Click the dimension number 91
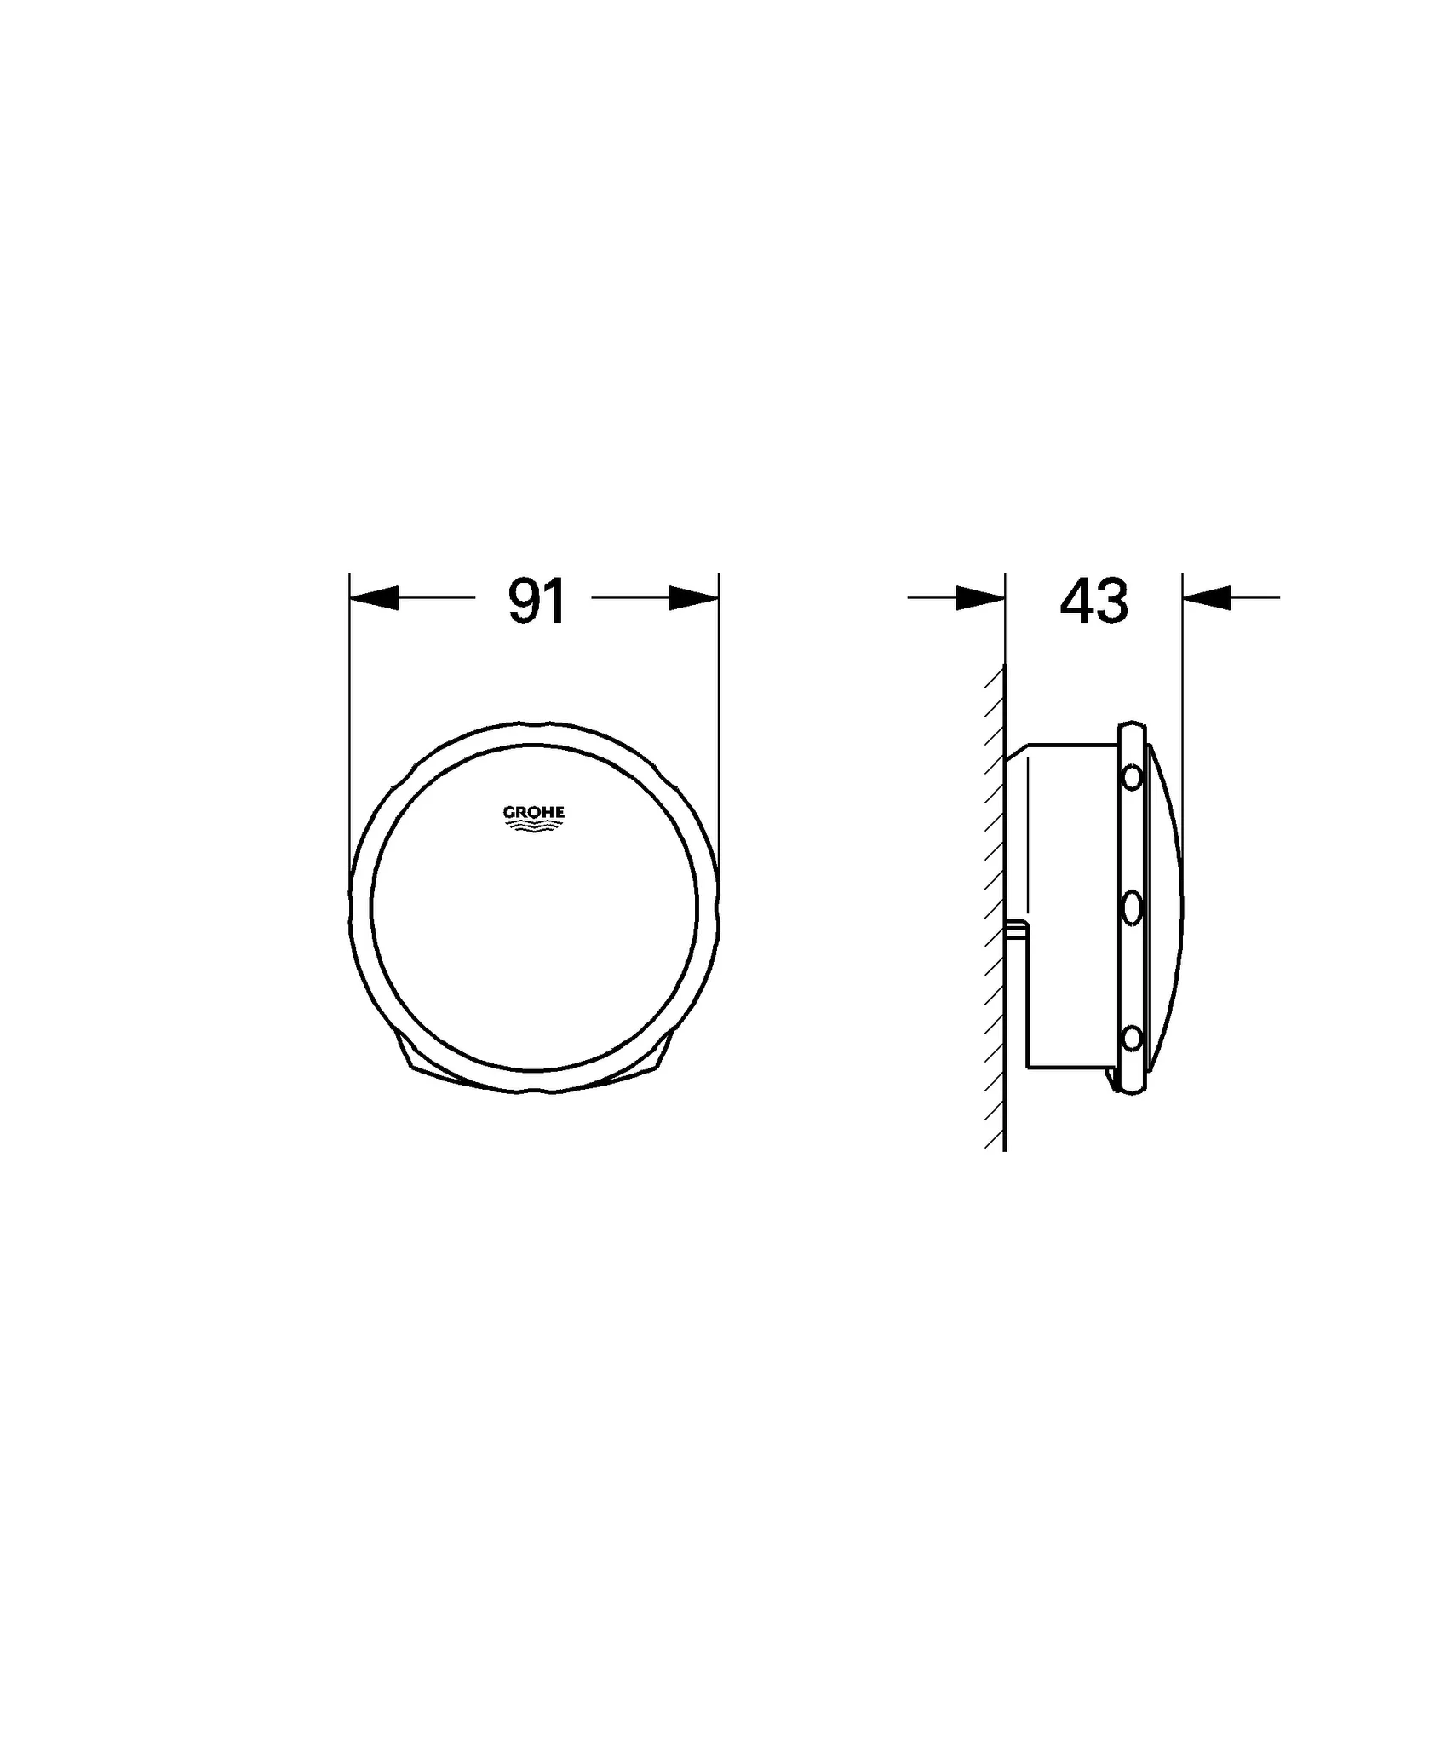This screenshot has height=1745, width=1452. (x=537, y=601)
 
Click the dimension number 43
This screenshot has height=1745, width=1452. (x=1093, y=601)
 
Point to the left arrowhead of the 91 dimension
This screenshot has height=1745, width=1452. (x=375, y=597)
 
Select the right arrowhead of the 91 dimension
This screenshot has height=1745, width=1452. (x=693, y=597)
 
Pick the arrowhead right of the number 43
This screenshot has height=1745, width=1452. (x=1206, y=597)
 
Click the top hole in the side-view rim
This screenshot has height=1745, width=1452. (x=1132, y=777)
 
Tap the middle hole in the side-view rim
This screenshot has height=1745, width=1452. (x=1132, y=909)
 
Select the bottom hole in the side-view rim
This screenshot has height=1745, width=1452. (x=1132, y=1040)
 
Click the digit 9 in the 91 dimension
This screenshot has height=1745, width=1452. (x=522, y=601)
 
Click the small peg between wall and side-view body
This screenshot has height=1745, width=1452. (x=1016, y=929)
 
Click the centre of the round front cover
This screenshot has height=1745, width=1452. (x=534, y=907)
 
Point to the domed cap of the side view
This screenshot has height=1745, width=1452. (x=1164, y=907)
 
